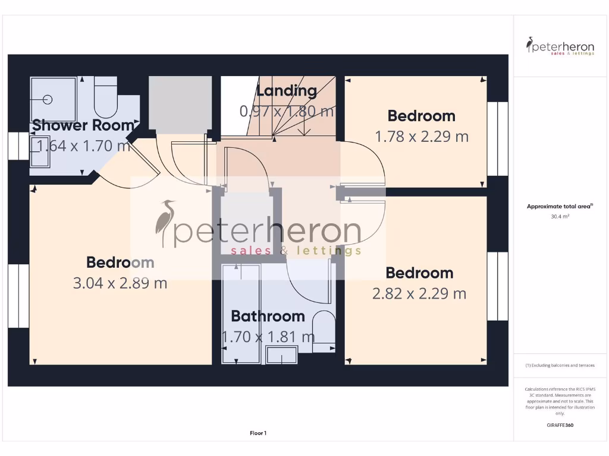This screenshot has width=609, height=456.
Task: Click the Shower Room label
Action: (x=83, y=125)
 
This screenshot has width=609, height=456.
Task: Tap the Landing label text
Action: (x=286, y=91)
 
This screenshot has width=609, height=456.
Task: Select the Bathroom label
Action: (x=268, y=316)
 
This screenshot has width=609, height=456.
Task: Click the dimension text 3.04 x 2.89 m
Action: (x=120, y=283)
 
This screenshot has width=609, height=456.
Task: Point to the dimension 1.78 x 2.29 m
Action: (x=421, y=137)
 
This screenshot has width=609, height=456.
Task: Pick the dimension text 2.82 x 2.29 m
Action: (x=419, y=293)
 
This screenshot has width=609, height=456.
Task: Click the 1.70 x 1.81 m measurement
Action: (x=268, y=337)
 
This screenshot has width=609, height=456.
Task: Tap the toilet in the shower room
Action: (x=105, y=100)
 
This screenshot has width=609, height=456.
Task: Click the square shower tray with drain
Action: (x=53, y=99)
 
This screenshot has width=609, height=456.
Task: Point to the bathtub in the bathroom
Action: (x=241, y=313)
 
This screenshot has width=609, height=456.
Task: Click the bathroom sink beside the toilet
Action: (x=282, y=356)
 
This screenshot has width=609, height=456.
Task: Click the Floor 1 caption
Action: (x=258, y=433)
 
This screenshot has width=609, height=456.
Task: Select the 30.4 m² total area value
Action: (x=560, y=217)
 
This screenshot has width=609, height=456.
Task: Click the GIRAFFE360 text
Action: (x=560, y=425)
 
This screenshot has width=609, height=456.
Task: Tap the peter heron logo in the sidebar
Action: (x=560, y=46)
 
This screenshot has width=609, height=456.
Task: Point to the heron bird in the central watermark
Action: (x=165, y=223)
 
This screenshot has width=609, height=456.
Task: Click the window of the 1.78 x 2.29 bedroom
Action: (x=498, y=139)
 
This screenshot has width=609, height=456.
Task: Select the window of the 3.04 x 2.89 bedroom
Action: (x=18, y=296)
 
